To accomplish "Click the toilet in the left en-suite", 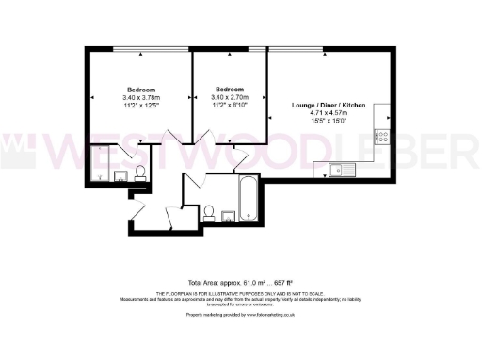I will [140, 172].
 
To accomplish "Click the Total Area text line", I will [240, 281].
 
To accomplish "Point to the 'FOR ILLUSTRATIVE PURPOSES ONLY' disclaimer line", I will [240, 293].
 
